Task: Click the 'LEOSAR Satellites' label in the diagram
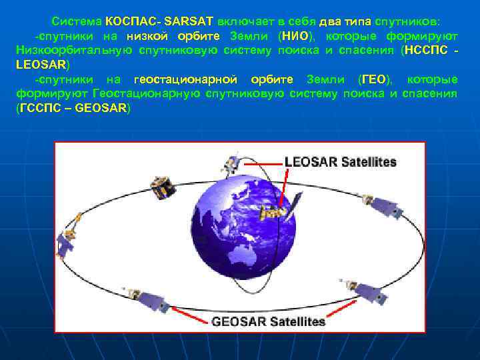pyautogui.click(x=341, y=162)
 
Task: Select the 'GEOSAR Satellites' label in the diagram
pyautogui.click(x=269, y=321)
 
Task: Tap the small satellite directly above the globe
pyautogui.click(x=231, y=162)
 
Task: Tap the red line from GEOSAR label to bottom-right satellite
pyautogui.click(x=343, y=307)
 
